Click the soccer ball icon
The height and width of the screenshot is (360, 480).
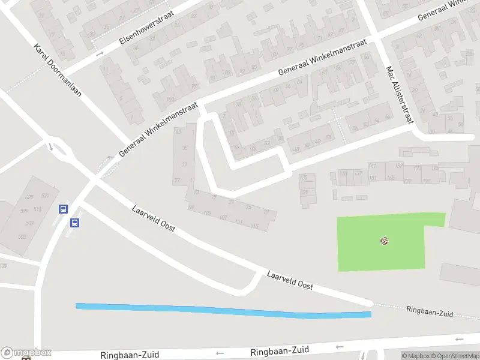coord(384,241)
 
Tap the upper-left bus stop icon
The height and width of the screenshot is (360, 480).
coord(63,209)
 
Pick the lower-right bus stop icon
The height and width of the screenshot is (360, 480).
coord(75,223)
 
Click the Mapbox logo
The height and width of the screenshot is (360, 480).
coord(26,352)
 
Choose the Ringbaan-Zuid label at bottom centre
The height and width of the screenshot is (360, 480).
coord(280,350)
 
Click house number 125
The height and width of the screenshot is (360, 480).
coord(304,178)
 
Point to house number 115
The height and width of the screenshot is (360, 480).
coord(254,226)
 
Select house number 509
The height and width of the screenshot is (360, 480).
coord(29,223)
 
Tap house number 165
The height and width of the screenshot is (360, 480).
coord(391,178)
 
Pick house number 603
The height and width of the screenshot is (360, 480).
coord(22,236)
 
